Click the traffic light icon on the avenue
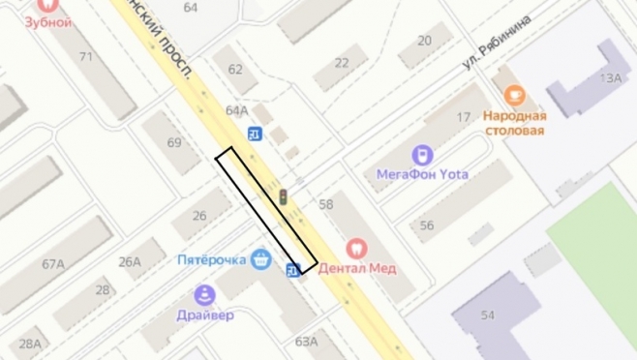[284, 196]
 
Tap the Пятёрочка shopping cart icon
[259, 259]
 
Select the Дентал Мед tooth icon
[355, 249]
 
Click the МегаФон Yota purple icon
[421, 155]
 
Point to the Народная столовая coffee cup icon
[514, 94]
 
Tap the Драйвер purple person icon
[204, 295]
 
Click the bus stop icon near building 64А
[255, 134]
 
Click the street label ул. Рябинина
[497, 42]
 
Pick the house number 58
[325, 203]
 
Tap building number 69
[174, 142]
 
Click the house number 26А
[130, 260]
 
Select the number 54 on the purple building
[487, 316]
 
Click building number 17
[463, 117]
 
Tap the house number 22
[342, 62]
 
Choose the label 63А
[306, 341]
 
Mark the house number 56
[427, 225]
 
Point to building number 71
[86, 56]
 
